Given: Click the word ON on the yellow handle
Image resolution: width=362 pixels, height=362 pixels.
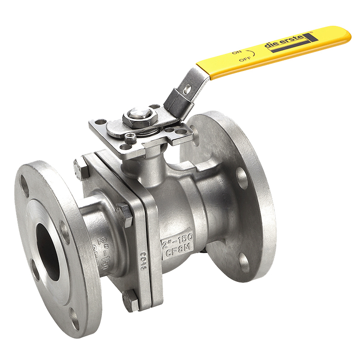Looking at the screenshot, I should (236, 52).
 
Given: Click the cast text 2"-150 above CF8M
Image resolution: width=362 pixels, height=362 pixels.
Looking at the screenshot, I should (177, 235).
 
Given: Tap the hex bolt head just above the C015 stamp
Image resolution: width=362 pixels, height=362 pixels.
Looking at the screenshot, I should (124, 214).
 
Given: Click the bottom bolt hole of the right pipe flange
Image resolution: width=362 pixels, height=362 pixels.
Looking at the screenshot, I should (243, 263).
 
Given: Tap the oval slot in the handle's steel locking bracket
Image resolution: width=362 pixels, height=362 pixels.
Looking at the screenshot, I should (186, 89).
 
